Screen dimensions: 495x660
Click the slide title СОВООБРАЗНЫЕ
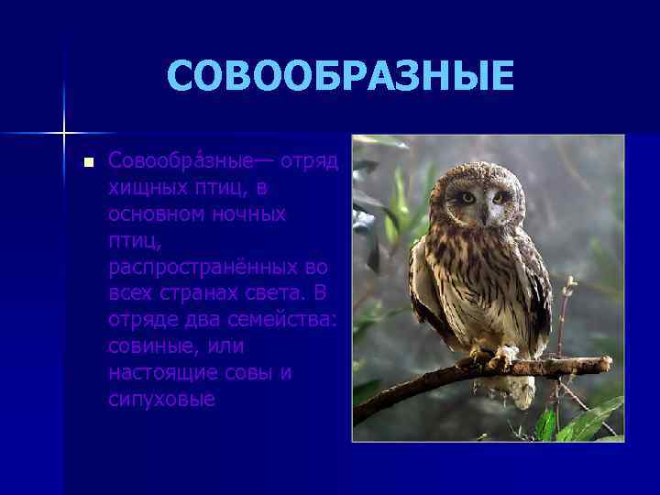(340, 77)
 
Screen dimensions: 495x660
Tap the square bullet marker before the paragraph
(88, 163)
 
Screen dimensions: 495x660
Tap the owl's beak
(484, 214)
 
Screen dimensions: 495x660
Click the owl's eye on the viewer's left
(467, 197)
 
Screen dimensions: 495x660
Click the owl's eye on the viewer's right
(500, 197)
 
